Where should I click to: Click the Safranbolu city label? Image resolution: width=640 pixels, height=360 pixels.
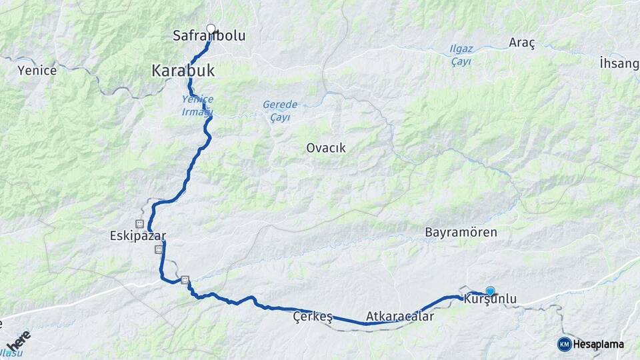[209, 36]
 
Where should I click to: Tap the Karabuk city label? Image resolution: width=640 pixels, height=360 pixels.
[185, 69]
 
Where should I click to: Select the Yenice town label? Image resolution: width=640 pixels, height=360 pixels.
[37, 70]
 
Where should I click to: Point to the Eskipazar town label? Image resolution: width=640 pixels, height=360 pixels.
[138, 236]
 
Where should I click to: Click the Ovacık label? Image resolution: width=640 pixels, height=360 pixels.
[325, 148]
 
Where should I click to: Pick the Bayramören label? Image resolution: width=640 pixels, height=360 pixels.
[461, 233]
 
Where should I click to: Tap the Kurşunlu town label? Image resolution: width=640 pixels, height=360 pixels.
[489, 301]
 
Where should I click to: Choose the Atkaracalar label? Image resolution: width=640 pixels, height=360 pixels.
[399, 317]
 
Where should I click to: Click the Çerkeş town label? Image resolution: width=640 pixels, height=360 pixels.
[313, 317]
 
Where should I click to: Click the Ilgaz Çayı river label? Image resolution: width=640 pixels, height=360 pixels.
[461, 55]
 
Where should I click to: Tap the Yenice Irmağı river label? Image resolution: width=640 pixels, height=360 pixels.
[197, 105]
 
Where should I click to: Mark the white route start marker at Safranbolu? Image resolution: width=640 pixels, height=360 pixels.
[211, 29]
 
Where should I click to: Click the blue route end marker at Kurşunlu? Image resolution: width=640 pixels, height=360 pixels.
[491, 291]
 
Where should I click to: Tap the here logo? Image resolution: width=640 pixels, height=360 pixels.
[18, 340]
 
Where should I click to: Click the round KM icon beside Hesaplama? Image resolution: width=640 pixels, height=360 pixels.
[564, 344]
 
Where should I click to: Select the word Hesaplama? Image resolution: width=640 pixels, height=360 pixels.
[598, 345]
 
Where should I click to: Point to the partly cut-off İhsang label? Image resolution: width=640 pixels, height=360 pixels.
[619, 63]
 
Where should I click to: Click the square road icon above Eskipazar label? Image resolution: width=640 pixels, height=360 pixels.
[140, 223]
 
